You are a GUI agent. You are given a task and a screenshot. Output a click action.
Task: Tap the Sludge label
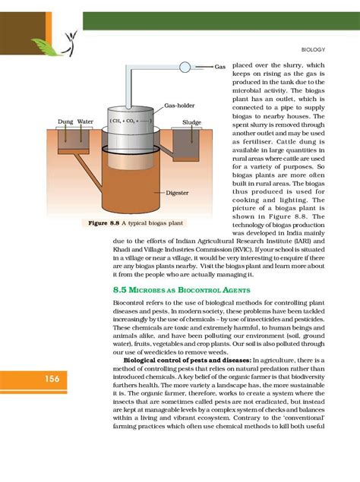pos(191,121)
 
